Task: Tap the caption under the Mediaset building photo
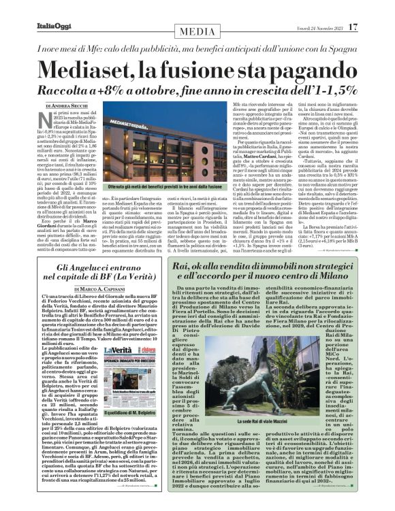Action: coord(161,186)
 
